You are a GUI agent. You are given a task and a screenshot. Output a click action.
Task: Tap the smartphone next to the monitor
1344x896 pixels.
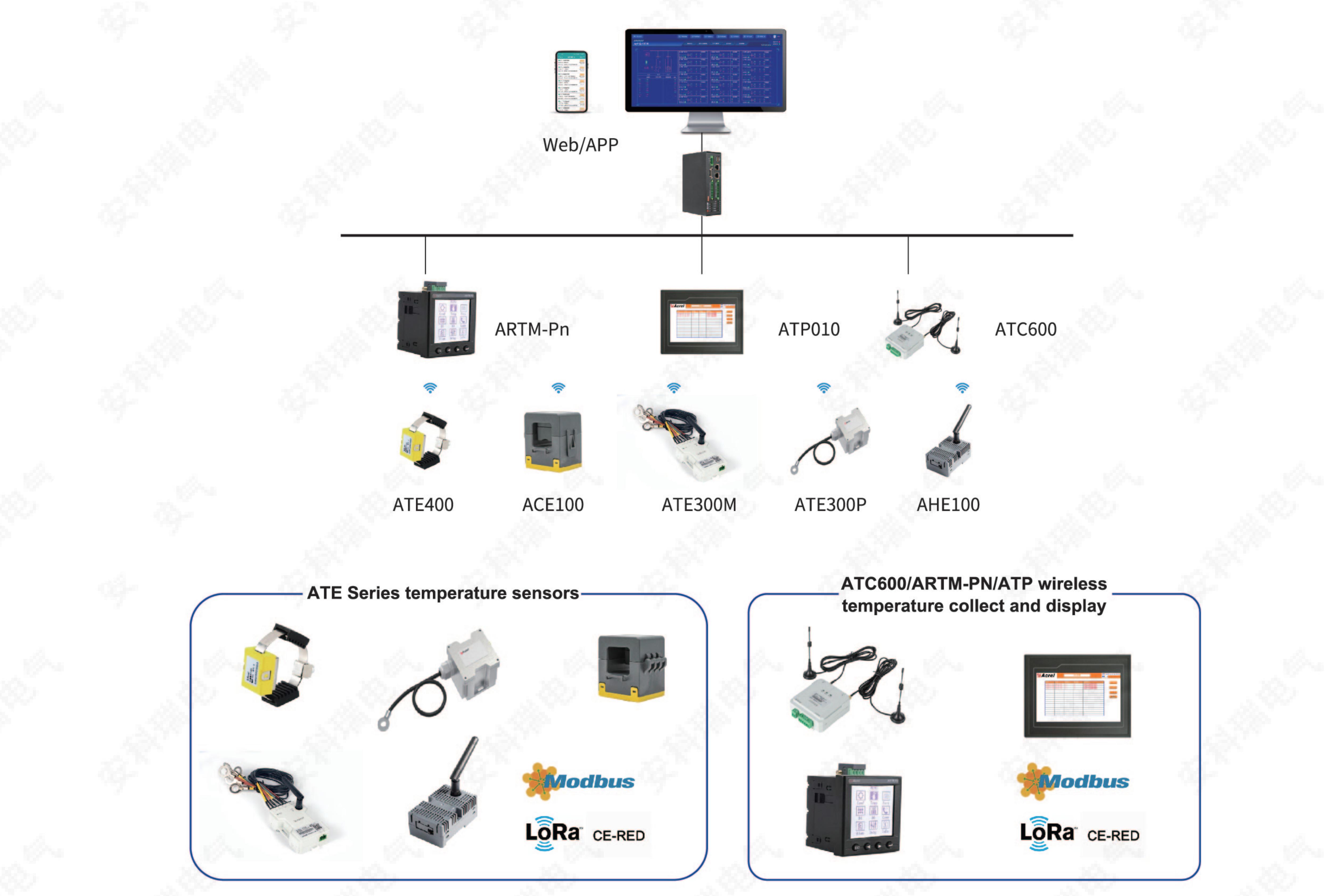pyautogui.click(x=572, y=82)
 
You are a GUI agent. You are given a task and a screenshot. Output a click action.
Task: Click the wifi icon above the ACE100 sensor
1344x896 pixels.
pyautogui.click(x=558, y=388)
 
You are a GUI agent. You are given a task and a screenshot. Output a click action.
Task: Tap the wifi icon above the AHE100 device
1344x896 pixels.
pyautogui.click(x=962, y=388)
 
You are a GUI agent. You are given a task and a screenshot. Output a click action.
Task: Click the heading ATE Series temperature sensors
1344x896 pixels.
pyautogui.click(x=443, y=593)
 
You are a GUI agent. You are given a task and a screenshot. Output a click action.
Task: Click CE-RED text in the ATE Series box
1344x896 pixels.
pyautogui.click(x=618, y=835)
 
